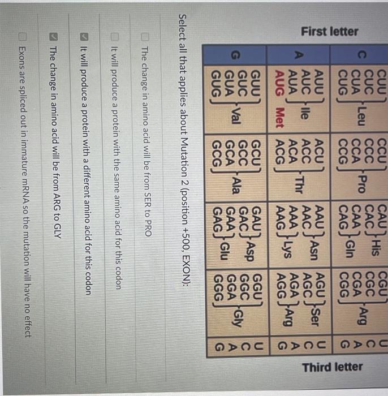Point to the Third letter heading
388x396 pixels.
(333, 367)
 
